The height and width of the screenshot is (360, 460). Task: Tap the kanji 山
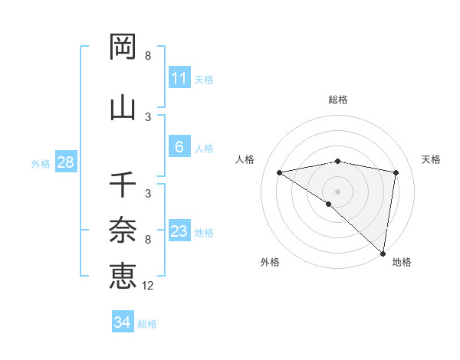123,106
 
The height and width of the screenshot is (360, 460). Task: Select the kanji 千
123,185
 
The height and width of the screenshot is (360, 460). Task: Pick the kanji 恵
123,275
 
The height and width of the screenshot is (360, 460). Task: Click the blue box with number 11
179,78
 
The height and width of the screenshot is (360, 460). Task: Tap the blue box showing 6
179,148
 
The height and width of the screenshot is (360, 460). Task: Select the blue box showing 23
179,231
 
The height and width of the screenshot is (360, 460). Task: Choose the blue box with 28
65,162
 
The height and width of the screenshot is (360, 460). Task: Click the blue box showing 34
123,322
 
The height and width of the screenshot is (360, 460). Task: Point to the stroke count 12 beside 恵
148,286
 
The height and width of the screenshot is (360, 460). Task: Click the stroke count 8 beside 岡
148,56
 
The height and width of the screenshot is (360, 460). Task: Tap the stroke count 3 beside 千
148,194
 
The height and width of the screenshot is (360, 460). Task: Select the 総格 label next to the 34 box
147,324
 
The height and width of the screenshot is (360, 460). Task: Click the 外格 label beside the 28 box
41,163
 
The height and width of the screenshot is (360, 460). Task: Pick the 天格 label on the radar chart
432,159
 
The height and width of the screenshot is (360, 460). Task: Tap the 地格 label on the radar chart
402,262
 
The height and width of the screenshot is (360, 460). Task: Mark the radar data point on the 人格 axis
280,172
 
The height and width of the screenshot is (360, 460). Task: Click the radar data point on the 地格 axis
383,253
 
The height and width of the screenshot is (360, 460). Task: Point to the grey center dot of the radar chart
337,191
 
